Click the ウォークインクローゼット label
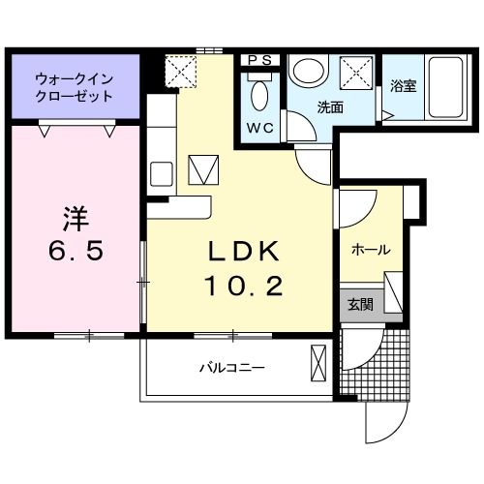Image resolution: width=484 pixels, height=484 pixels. pos(74,86)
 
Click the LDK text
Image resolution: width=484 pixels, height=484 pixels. pos(245,251)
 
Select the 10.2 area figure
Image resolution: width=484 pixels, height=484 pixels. pos(245,287)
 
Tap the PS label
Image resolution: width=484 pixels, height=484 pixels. pos(259,60)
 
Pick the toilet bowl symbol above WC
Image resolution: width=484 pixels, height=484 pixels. pos(258,96)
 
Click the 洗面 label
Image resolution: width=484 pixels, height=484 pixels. pos(330,107)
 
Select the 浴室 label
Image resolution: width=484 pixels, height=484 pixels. pos(402,86)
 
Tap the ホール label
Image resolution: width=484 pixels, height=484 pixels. pos(370,250)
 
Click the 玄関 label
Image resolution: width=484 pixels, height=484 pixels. pos(360,304)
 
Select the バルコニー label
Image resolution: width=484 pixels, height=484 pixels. pos(232,368)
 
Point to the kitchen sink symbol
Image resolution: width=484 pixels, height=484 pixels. pos(161,174)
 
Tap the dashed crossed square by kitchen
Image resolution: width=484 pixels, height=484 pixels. pos(181,72)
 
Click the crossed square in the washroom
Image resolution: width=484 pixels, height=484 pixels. pos(354,72)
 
